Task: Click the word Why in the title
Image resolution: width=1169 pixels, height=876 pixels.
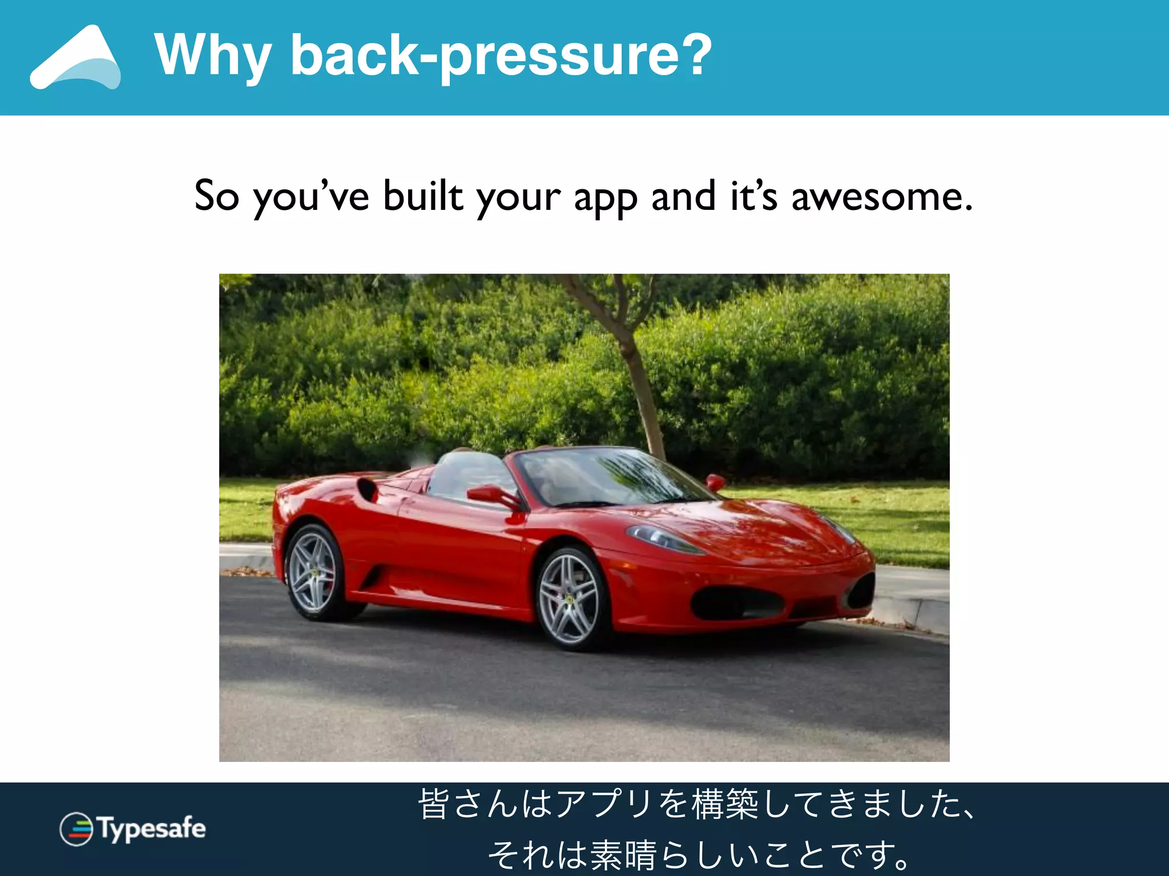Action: coord(212,56)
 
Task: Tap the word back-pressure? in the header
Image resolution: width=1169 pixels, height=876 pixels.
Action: coord(501,56)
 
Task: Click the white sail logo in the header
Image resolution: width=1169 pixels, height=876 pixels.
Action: coord(76,58)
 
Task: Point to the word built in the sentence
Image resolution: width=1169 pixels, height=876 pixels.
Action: coord(423,196)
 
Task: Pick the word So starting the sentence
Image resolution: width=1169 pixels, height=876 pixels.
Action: coord(216,196)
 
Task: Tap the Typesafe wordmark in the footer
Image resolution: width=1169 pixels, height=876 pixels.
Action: coord(152,828)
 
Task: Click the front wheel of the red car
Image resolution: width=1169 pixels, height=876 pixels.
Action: coord(569,599)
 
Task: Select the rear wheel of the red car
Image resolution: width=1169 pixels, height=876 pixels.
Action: coord(312,572)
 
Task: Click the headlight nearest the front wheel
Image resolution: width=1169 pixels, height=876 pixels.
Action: coord(662,538)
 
